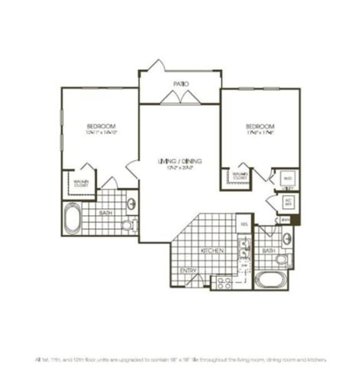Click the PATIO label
(x=181, y=83)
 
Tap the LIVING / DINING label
(x=179, y=162)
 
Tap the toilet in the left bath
(x=129, y=224)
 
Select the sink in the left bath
(x=131, y=203)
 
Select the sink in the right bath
(x=286, y=238)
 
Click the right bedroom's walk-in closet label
(x=239, y=176)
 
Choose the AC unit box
(x=289, y=203)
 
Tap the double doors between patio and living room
(x=179, y=97)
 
